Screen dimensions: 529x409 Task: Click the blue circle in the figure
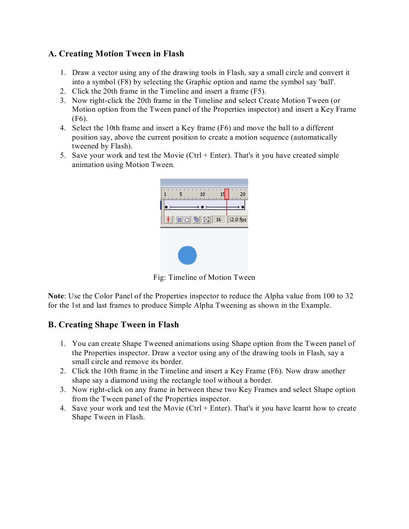(x=187, y=255)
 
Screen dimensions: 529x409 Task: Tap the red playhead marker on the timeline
(x=226, y=194)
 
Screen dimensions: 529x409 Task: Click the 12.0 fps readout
(x=238, y=220)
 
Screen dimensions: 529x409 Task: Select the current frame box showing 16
(x=219, y=220)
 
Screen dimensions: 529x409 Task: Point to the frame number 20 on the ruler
(x=243, y=194)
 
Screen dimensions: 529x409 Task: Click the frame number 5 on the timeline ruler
(x=180, y=194)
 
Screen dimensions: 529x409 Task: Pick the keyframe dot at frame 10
(x=202, y=206)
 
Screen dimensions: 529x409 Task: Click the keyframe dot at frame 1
(x=166, y=206)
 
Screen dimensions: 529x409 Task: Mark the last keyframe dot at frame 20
(x=243, y=206)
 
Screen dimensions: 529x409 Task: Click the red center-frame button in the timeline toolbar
(x=168, y=220)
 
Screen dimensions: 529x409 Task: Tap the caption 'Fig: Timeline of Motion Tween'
(x=204, y=277)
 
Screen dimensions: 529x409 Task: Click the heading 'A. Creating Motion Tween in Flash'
(x=116, y=54)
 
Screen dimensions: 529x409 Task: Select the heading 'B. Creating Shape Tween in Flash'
(x=113, y=325)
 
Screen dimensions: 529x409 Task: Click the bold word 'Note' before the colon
(x=56, y=296)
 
